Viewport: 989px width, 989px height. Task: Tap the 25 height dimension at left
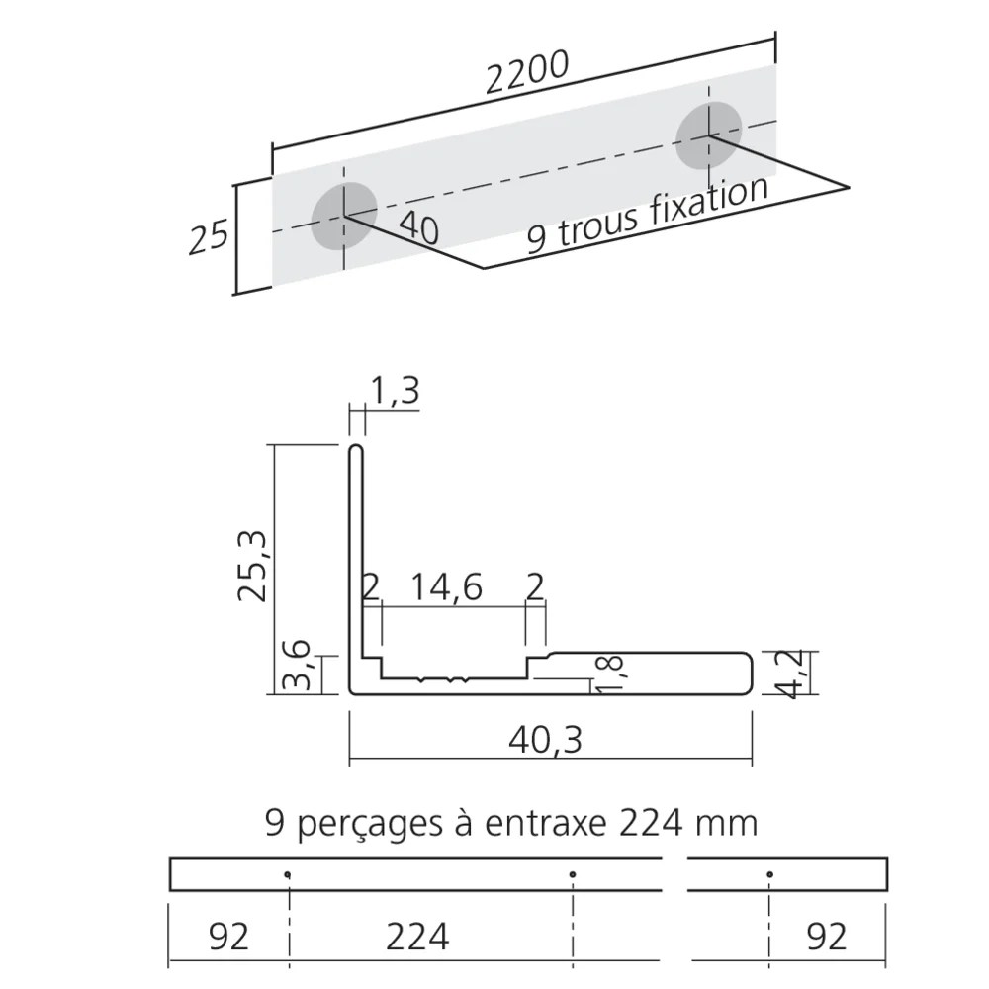pos(209,238)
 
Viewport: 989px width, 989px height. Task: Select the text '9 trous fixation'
pos(647,217)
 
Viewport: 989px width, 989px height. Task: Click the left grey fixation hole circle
pos(344,215)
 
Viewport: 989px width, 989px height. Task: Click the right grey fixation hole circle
pos(708,134)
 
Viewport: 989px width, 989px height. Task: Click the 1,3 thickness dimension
pos(396,391)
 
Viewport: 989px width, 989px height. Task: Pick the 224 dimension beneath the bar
pos(415,934)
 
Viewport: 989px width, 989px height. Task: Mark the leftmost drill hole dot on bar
pos(288,874)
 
